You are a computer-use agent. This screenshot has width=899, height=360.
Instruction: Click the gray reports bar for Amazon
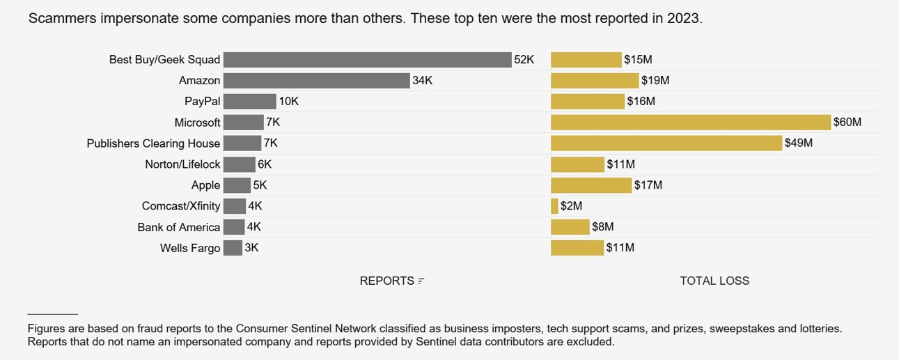(x=316, y=81)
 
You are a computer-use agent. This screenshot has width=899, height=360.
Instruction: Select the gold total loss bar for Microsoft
(x=690, y=123)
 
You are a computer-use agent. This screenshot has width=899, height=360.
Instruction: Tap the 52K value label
(x=524, y=60)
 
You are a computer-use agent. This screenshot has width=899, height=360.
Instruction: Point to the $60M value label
(x=847, y=123)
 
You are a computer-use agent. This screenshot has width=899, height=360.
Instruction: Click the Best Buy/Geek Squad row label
(x=164, y=60)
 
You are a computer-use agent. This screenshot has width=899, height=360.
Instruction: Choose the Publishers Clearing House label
(x=153, y=143)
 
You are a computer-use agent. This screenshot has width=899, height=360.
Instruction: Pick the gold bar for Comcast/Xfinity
(x=554, y=206)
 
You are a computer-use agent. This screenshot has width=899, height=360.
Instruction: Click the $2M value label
(x=571, y=206)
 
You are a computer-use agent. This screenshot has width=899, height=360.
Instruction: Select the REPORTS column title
(x=386, y=281)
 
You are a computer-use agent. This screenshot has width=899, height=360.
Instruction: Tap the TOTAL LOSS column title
(x=714, y=281)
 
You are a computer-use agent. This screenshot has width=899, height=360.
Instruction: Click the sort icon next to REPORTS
(x=421, y=281)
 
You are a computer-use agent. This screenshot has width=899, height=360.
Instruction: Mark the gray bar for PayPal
(x=249, y=102)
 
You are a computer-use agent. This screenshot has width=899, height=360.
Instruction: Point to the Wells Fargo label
(x=189, y=248)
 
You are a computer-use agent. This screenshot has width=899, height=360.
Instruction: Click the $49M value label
(x=798, y=143)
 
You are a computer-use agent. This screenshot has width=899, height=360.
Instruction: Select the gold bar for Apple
(x=591, y=185)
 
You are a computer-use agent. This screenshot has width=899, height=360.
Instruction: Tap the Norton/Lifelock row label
(x=182, y=164)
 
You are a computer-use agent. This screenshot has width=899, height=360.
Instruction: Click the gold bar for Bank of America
(x=570, y=227)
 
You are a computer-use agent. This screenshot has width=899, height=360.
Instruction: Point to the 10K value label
(x=288, y=102)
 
